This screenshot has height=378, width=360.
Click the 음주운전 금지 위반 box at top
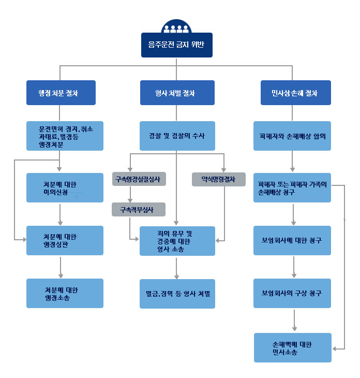click(x=176, y=45)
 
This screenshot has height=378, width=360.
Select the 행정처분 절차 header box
click(x=61, y=93)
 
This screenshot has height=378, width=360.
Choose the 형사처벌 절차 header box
click(x=177, y=93)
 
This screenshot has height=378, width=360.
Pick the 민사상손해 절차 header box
click(x=292, y=93)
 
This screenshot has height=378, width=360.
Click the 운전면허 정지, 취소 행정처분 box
click(x=65, y=136)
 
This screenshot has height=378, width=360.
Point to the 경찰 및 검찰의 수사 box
click(x=177, y=136)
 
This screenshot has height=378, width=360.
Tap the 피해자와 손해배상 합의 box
click(x=292, y=136)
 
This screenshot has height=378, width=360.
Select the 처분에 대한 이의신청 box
click(x=65, y=187)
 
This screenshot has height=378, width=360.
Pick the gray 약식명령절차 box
click(x=219, y=179)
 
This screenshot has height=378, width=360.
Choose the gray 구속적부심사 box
click(x=139, y=209)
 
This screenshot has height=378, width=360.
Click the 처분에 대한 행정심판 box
click(x=65, y=240)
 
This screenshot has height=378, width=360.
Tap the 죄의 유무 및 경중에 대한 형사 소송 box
click(x=177, y=241)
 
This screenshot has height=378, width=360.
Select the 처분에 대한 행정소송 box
click(x=65, y=294)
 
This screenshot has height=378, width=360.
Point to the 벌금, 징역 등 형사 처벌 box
click(x=177, y=294)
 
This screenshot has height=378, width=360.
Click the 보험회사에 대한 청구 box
click(x=292, y=240)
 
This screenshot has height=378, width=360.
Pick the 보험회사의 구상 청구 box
click(x=292, y=293)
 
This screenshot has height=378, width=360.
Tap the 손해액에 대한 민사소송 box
click(x=292, y=347)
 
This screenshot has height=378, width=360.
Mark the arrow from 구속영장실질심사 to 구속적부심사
click(x=130, y=194)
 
